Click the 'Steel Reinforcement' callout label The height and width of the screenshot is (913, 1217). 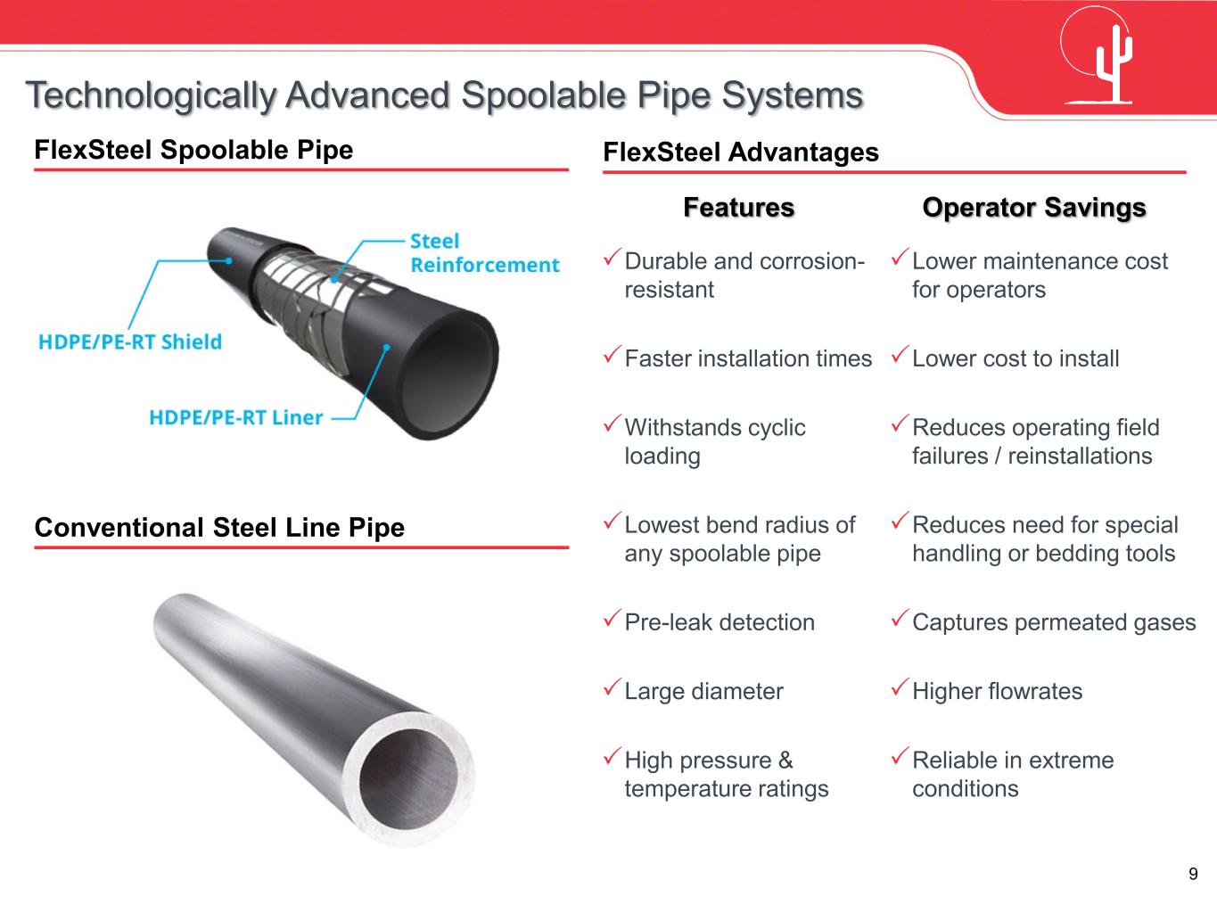(x=484, y=253)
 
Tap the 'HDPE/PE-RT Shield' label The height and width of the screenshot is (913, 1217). (x=130, y=341)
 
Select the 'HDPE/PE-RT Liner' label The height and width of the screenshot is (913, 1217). (x=235, y=417)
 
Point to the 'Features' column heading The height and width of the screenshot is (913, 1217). (x=738, y=208)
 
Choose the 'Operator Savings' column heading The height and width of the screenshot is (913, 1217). (x=1033, y=208)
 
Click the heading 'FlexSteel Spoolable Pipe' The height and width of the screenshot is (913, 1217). (x=193, y=150)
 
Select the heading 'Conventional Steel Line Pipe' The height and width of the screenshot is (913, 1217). (x=219, y=528)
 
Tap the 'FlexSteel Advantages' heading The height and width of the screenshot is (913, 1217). (x=741, y=152)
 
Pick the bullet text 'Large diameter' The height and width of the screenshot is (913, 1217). (x=703, y=691)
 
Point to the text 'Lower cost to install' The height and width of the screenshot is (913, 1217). (x=1016, y=358)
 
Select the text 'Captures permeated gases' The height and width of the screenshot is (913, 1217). (x=1054, y=622)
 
